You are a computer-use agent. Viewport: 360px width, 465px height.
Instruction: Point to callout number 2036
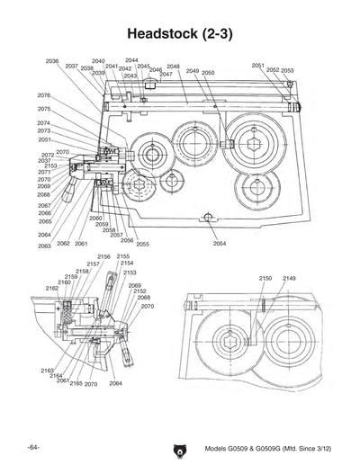click(x=52, y=61)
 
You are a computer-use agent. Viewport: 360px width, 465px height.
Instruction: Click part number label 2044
click(x=131, y=60)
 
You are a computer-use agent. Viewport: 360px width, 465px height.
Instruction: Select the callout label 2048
click(x=173, y=67)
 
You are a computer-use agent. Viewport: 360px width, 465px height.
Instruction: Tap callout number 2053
click(x=287, y=70)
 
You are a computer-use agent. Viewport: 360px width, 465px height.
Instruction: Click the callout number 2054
click(x=220, y=244)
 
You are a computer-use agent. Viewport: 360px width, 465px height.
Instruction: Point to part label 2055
click(x=142, y=244)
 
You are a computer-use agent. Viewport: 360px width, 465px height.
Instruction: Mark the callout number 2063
click(x=44, y=246)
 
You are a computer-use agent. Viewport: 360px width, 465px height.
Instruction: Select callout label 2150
click(x=265, y=279)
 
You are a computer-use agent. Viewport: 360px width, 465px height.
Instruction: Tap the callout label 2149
click(x=289, y=279)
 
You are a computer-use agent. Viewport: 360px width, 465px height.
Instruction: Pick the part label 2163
click(x=48, y=371)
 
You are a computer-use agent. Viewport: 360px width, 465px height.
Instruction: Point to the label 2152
click(x=139, y=291)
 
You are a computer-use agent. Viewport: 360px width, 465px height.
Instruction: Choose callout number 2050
click(x=208, y=72)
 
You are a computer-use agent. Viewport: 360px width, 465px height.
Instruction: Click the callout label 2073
click(x=43, y=131)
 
